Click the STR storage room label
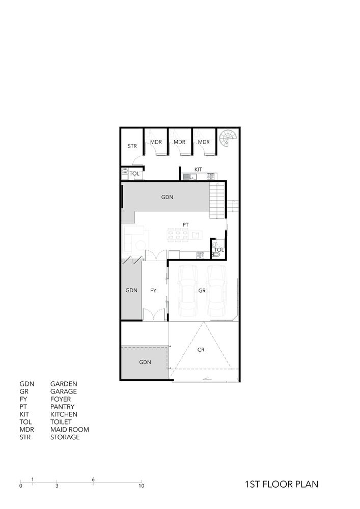(132, 146)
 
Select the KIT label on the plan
(198, 169)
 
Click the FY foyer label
(153, 291)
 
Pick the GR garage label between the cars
(202, 291)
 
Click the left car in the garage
(187, 291)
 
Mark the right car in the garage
(216, 291)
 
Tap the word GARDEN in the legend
(64, 384)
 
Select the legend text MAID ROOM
(69, 430)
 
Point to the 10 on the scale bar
(141, 486)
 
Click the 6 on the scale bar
(93, 479)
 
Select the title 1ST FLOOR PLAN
(282, 484)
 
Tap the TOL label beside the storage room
(134, 174)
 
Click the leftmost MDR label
(156, 142)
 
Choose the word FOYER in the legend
(61, 399)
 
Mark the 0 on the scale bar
(21, 486)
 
